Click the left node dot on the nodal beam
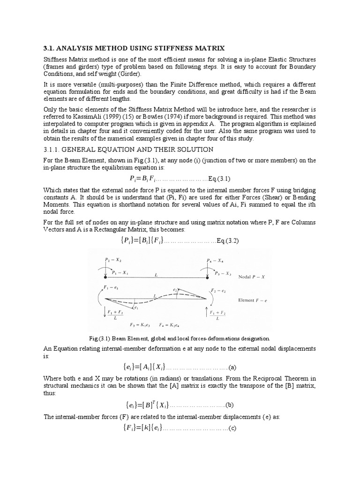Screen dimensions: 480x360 click(x=105, y=278)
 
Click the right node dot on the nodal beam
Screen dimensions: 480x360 click(x=207, y=278)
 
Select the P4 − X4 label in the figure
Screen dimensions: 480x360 click(x=215, y=259)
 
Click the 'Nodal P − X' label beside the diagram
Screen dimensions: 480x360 click(x=253, y=277)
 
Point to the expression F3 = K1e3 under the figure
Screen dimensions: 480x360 click(x=139, y=324)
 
